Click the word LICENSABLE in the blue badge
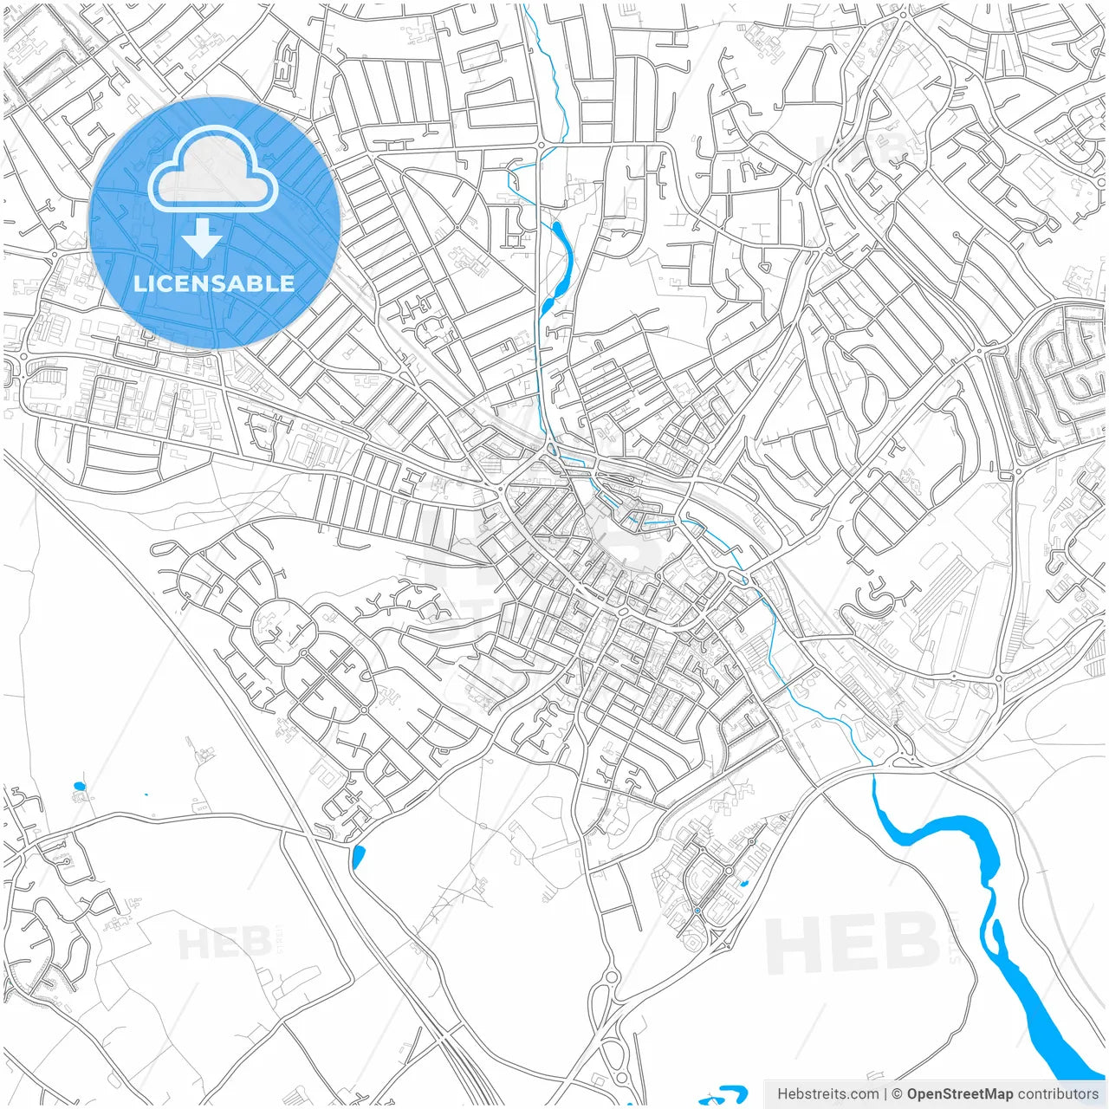214,283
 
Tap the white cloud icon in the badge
213,171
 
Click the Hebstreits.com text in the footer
828,1094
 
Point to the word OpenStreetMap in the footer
960,1094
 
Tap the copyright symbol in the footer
898,1094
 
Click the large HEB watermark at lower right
853,944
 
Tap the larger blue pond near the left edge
80,787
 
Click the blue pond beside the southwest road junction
358,856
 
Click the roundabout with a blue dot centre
697,911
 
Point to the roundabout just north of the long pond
539,145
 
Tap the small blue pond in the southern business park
743,885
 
